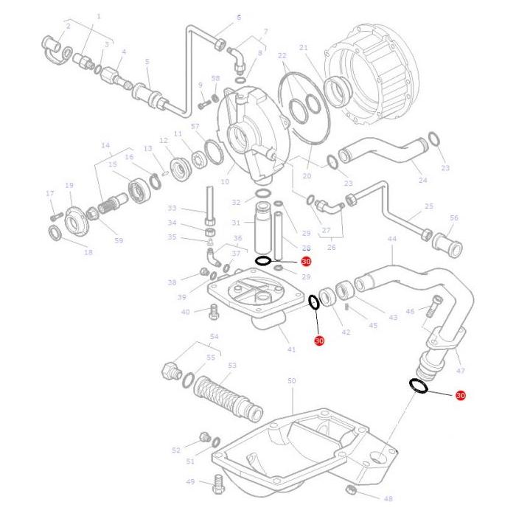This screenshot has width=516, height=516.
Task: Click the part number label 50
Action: click(291, 380)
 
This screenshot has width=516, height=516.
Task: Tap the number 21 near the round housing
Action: click(303, 48)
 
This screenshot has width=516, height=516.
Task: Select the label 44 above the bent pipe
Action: click(391, 240)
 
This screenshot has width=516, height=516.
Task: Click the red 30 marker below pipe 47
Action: click(461, 396)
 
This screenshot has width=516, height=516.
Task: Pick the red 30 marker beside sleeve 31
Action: click(307, 261)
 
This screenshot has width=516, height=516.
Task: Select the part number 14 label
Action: click(105, 145)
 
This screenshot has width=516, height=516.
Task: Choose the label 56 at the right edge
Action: click(454, 218)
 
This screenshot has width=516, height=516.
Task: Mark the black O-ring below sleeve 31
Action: click(264, 261)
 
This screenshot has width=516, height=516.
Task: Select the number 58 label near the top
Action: click(215, 78)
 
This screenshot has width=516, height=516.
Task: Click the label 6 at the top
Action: click(238, 17)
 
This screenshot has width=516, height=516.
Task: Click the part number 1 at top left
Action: click(98, 15)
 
